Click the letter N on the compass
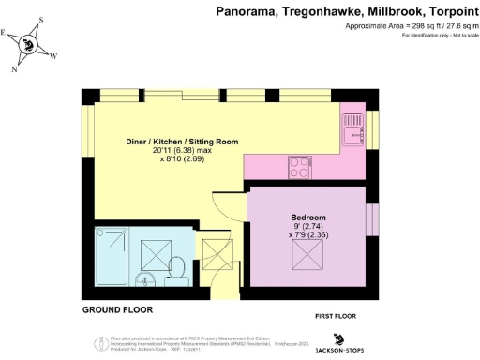[x=14, y=69]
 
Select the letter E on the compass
[x=5, y=33]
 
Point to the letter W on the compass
[x=52, y=56]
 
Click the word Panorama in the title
[x=247, y=11]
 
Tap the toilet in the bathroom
[x=175, y=272]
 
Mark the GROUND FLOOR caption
[x=117, y=309]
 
